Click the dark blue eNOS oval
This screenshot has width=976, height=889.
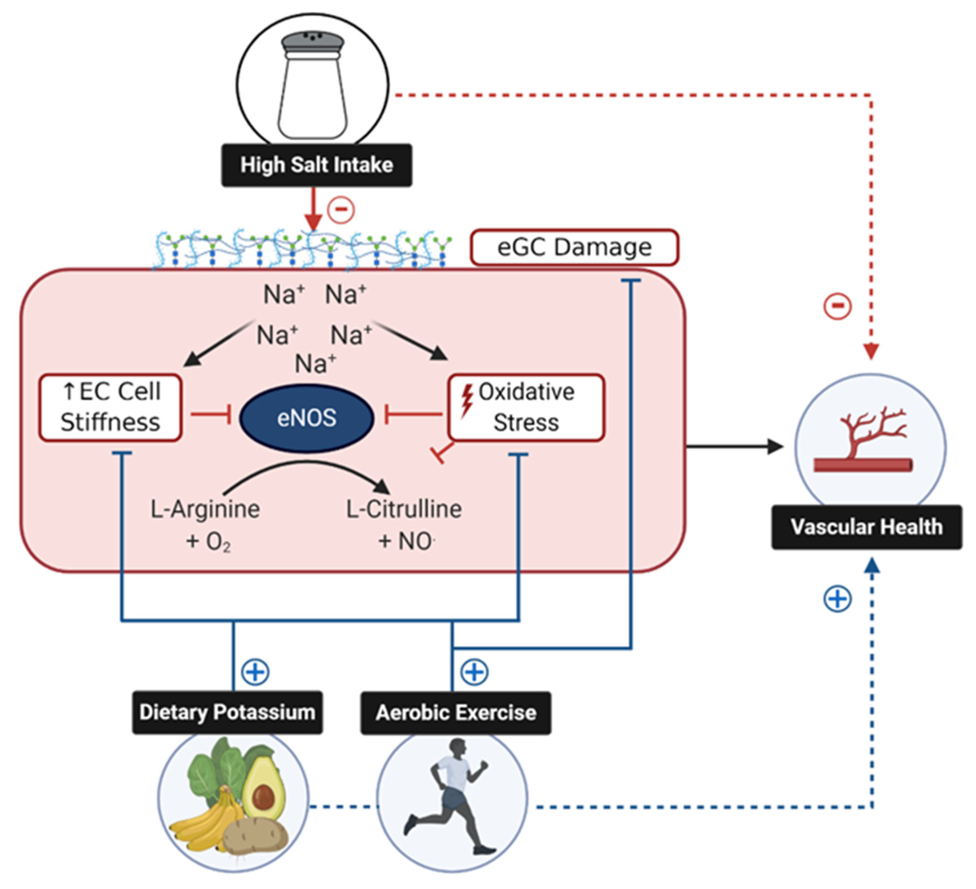point(306,418)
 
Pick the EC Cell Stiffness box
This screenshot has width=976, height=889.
point(110,407)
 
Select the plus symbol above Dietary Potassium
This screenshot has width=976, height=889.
point(255,672)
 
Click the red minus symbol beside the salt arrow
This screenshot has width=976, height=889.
point(341,210)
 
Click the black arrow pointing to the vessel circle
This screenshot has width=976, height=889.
point(736,446)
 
